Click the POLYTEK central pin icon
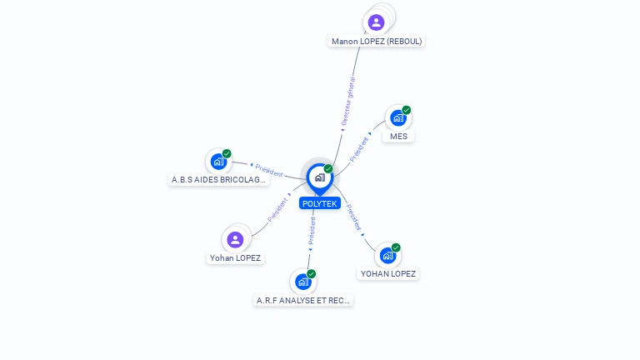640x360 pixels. [320, 178]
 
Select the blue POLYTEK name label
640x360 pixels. [320, 203]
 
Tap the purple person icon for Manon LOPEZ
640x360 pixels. [376, 22]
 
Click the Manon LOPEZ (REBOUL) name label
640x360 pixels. [377, 41]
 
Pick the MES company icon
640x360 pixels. [398, 118]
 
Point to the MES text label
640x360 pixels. [398, 137]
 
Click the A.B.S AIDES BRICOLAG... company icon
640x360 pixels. [219, 162]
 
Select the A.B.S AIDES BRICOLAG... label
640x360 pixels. [218, 180]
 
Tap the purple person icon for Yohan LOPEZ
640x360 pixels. [235, 240]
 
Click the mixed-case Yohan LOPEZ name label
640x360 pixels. [235, 258]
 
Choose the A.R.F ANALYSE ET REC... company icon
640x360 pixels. [303, 282]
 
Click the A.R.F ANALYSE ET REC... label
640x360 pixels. [302, 300]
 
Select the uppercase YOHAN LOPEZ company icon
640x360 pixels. [387, 256]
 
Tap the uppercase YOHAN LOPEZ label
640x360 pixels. [387, 274]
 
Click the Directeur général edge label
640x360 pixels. [348, 101]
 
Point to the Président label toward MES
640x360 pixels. [359, 149]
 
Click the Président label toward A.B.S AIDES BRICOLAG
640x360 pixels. [269, 171]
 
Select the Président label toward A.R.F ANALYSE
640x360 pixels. [312, 231]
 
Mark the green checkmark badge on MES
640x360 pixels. [406, 110]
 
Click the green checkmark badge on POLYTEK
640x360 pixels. [328, 168]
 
